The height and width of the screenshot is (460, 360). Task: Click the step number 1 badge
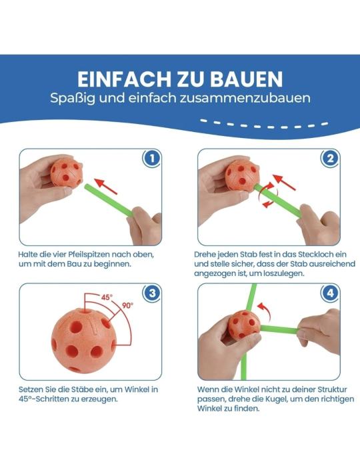(x=152, y=159)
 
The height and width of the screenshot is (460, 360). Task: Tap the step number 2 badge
(x=330, y=159)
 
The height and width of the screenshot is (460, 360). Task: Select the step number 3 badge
(x=152, y=293)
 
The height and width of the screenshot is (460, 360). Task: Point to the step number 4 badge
(x=330, y=293)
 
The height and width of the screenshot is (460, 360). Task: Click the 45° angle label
(x=107, y=297)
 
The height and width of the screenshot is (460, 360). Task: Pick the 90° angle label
(x=127, y=305)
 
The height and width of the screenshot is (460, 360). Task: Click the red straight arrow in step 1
(x=105, y=186)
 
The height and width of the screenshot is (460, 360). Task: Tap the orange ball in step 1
(x=66, y=172)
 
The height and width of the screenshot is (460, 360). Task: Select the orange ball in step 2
(x=243, y=175)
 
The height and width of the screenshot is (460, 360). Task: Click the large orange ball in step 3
(x=83, y=340)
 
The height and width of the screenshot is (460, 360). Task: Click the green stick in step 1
(x=109, y=201)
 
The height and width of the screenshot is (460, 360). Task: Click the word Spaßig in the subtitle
(x=73, y=98)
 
